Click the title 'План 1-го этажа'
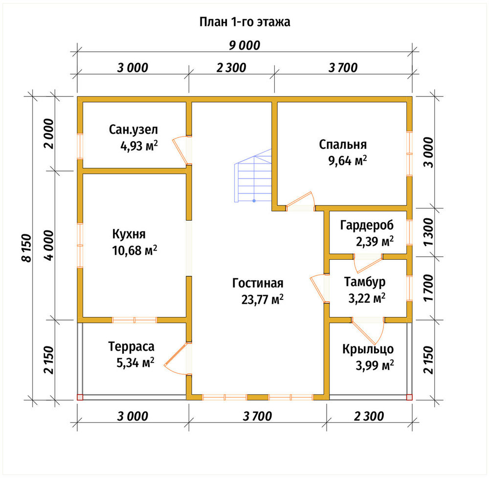[x=245, y=22]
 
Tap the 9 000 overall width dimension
[x=244, y=46]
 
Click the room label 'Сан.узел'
[x=133, y=130]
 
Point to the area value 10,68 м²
[x=134, y=250]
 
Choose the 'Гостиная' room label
[x=258, y=283]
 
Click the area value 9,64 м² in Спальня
[x=347, y=160]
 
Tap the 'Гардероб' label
[x=367, y=225]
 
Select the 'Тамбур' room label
[x=365, y=282]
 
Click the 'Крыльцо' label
[x=368, y=349]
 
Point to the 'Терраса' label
[x=131, y=347]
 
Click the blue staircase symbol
[x=253, y=176]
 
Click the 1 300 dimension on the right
[x=429, y=231]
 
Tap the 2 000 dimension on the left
[x=48, y=134]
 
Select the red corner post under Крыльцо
[x=409, y=397]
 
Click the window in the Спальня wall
[x=409, y=154]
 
